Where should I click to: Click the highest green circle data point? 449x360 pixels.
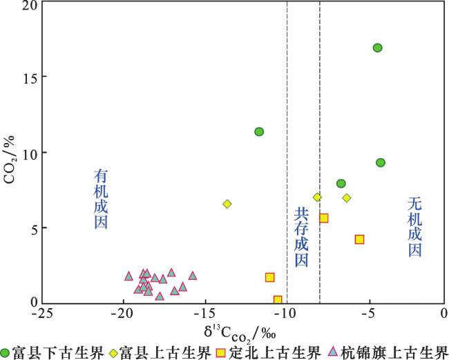[x=377, y=48]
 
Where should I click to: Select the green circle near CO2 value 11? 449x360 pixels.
[x=259, y=132]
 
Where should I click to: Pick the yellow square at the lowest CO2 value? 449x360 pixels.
[x=278, y=300]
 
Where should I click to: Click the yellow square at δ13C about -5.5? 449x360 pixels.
[x=359, y=239]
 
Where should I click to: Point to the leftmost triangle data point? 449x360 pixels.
[x=128, y=276]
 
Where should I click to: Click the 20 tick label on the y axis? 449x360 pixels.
[x=27, y=6]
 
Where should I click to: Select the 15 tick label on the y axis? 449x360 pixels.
[x=27, y=76]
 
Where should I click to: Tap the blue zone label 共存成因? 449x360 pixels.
[x=301, y=237]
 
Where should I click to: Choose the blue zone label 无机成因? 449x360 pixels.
[x=414, y=227]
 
